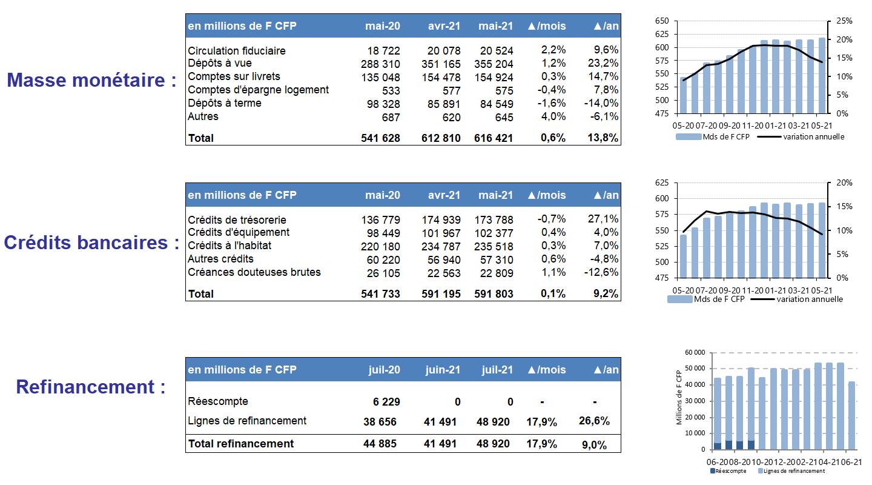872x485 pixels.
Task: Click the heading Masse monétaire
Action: (91, 80)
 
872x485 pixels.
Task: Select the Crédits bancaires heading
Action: (91, 242)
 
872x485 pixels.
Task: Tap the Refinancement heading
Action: (91, 387)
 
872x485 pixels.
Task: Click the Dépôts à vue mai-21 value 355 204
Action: (494, 64)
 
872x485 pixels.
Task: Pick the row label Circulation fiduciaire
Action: (237, 51)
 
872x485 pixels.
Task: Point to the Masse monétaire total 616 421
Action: (494, 138)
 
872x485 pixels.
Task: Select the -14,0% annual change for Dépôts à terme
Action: (601, 103)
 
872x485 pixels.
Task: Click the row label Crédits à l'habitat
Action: (230, 246)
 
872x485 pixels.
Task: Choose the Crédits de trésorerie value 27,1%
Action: (603, 219)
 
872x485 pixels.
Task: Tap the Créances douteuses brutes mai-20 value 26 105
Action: (383, 273)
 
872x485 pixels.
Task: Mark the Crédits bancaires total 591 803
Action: (494, 294)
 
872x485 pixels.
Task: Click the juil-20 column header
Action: (384, 370)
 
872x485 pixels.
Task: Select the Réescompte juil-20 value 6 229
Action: (386, 402)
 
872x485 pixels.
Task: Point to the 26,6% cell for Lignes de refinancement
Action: (594, 421)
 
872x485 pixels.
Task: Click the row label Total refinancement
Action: (241, 444)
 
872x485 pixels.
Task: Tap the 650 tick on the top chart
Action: (662, 21)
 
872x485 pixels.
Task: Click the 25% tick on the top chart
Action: (844, 21)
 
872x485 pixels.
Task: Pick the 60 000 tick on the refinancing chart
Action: (695, 352)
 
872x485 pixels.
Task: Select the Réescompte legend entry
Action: (728, 471)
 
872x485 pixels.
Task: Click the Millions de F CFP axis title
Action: (679, 397)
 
